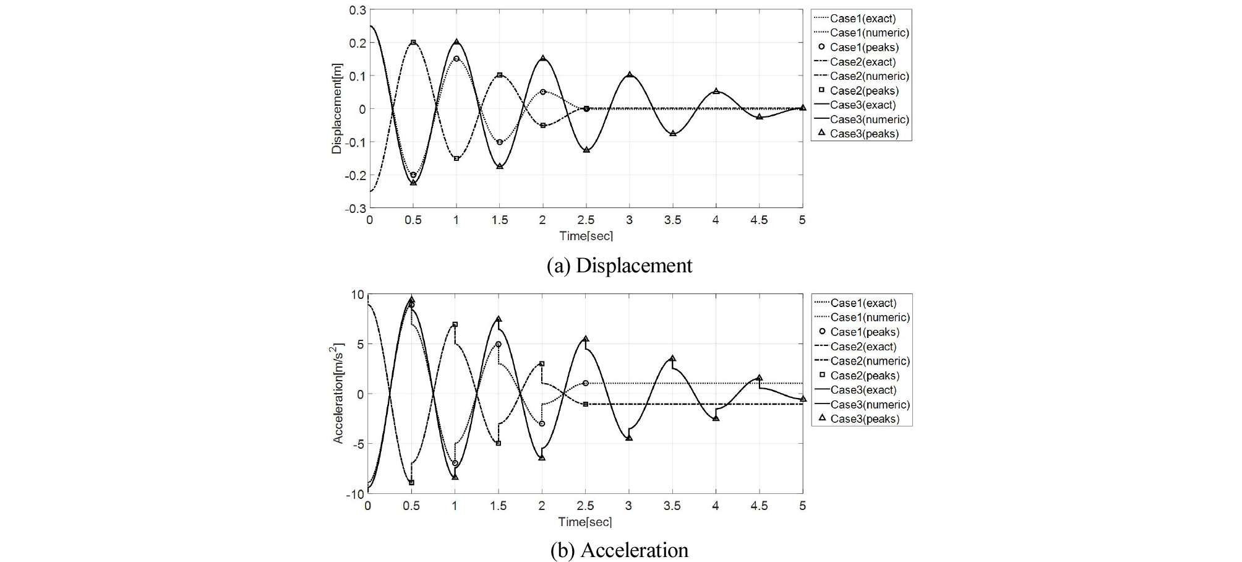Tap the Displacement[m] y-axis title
click(x=337, y=108)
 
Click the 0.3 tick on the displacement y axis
click(x=358, y=10)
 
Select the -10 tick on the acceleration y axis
click(x=354, y=494)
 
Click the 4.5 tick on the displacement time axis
click(x=759, y=220)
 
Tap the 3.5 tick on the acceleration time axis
click(x=672, y=506)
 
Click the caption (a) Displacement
click(x=620, y=266)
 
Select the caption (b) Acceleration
click(x=620, y=550)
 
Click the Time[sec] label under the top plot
click(x=586, y=236)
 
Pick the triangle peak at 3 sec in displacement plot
click(x=630, y=75)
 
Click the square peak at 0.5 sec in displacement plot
click(x=413, y=43)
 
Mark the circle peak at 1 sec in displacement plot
click(x=456, y=59)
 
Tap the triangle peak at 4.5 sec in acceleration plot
click(x=759, y=378)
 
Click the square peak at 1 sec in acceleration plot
click(x=455, y=324)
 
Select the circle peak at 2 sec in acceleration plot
click(x=542, y=424)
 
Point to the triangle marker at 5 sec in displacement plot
click(x=803, y=108)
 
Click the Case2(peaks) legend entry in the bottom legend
click(x=864, y=376)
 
